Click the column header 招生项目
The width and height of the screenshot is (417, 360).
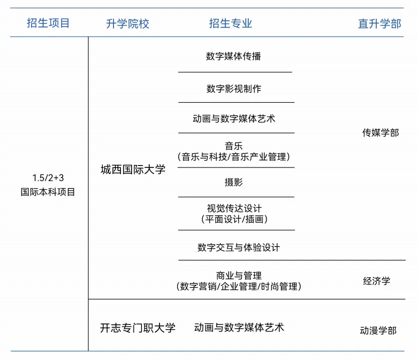pyautogui.click(x=48, y=23)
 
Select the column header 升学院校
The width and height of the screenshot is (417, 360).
pyautogui.click(x=127, y=24)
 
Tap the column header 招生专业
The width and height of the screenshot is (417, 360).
pyautogui.click(x=230, y=23)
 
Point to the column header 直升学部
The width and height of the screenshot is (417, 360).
pyautogui.click(x=379, y=24)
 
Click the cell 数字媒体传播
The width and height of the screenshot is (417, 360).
pyautogui.click(x=233, y=56)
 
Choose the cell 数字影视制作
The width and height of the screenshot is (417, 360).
pyautogui.click(x=234, y=89)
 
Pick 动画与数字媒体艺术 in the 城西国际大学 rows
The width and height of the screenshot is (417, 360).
pyautogui.click(x=234, y=119)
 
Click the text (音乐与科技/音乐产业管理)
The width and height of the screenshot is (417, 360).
pyautogui.click(x=234, y=157)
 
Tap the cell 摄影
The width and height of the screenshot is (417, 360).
pyautogui.click(x=234, y=182)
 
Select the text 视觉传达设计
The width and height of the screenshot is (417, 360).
pyautogui.click(x=234, y=208)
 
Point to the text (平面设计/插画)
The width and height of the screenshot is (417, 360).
pyautogui.click(x=234, y=219)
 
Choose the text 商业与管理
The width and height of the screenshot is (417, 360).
pyautogui.click(x=238, y=275)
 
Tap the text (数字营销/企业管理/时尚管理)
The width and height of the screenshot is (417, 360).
pyautogui.click(x=238, y=287)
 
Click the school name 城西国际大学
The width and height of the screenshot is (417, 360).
pyautogui.click(x=133, y=170)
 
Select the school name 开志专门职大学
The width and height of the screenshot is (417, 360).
pyautogui.click(x=138, y=328)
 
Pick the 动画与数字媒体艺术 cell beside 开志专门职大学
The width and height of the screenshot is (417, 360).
pyautogui.click(x=239, y=327)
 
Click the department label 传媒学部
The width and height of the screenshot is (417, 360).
pyautogui.click(x=380, y=133)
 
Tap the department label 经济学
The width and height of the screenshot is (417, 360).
pyautogui.click(x=376, y=281)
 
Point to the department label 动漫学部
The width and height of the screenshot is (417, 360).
pyautogui.click(x=378, y=330)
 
